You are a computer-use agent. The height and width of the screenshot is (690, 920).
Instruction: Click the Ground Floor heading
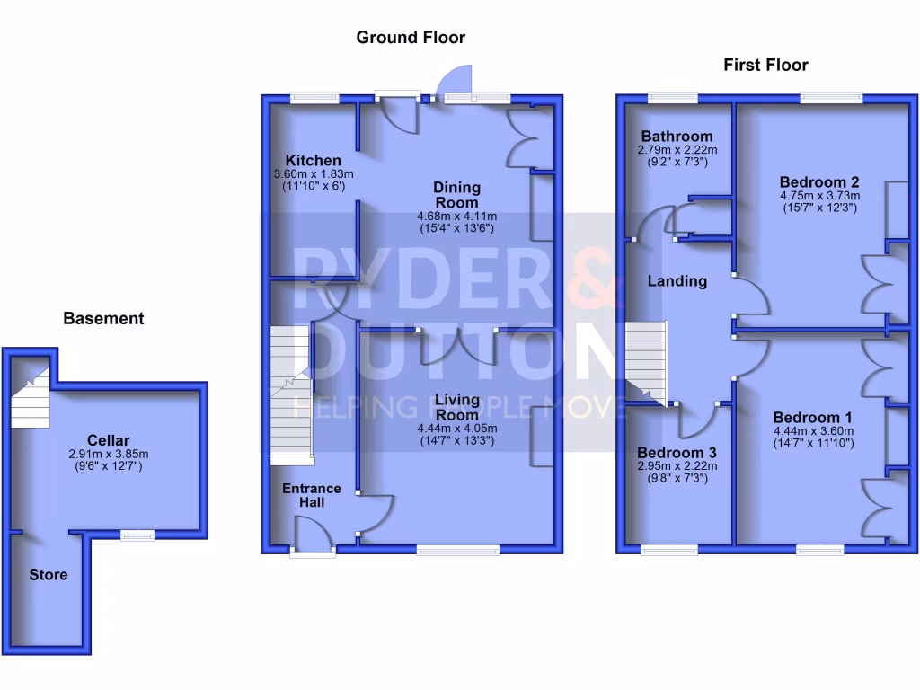click(x=411, y=37)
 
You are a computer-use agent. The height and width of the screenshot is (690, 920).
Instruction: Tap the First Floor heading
click(x=765, y=65)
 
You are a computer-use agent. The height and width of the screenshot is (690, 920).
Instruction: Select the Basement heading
click(x=103, y=318)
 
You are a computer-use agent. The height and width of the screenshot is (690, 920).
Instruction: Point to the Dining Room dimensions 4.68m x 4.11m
click(x=457, y=217)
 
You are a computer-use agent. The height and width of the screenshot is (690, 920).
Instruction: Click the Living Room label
click(x=457, y=407)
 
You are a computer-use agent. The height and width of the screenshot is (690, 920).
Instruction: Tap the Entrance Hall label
click(x=312, y=495)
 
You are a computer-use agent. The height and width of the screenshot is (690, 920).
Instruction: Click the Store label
click(x=48, y=575)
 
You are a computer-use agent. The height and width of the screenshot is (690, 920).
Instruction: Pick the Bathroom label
click(x=677, y=137)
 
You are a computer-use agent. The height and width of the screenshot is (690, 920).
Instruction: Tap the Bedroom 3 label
click(x=677, y=453)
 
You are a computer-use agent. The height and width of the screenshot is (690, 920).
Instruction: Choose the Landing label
click(x=677, y=281)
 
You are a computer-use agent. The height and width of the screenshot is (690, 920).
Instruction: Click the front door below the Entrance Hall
click(x=314, y=542)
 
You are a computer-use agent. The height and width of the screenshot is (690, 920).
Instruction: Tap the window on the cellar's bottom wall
click(x=137, y=535)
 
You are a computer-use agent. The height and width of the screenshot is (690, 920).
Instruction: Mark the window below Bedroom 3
click(x=669, y=549)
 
